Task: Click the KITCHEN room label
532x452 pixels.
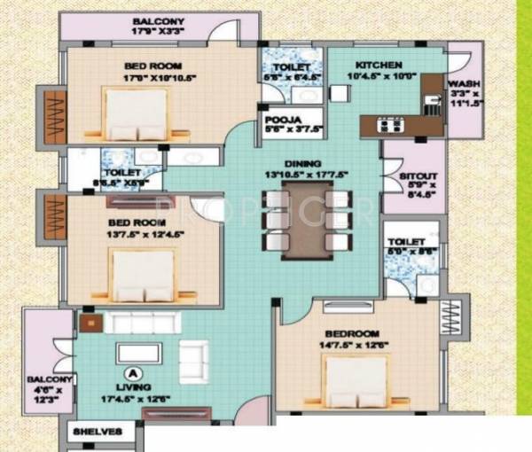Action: (x=379, y=65)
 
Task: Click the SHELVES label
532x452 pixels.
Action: (x=103, y=433)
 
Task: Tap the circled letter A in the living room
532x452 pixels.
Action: (x=135, y=373)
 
